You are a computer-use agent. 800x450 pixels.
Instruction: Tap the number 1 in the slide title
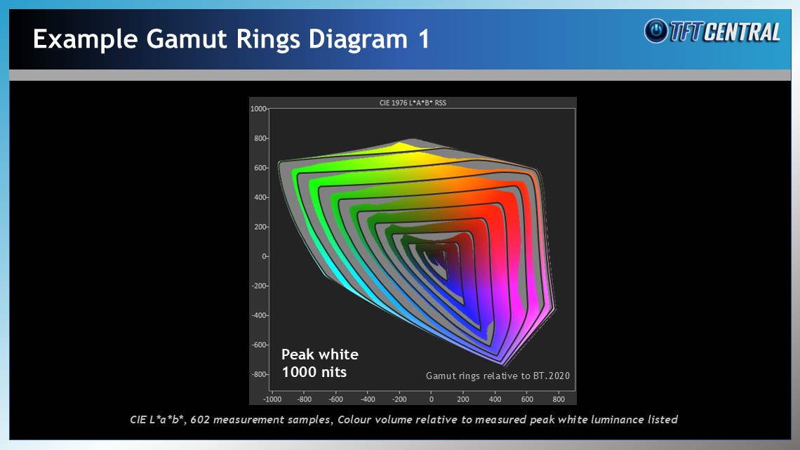pos(424,39)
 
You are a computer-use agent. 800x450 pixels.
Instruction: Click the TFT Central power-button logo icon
pos(656,31)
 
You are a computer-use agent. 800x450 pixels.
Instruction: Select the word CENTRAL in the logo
pos(743,32)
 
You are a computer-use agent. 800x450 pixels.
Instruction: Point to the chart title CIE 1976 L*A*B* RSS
pos(413,102)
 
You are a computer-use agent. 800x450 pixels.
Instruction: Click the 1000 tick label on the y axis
pos(259,109)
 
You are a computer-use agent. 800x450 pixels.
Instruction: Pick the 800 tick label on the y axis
pos(260,138)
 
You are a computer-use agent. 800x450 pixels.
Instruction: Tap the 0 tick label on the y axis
pos(265,256)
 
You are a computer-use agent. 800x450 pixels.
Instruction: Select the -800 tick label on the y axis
pos(260,374)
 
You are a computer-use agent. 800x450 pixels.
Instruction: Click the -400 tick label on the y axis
pos(260,315)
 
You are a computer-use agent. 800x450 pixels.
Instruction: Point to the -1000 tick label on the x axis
pos(272,399)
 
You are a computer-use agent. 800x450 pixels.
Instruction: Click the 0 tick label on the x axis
pos(431,399)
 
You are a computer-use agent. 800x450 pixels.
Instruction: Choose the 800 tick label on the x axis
pos(559,399)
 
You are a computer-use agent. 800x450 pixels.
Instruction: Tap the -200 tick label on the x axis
pos(399,399)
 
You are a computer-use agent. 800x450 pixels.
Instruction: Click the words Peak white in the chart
pos(320,354)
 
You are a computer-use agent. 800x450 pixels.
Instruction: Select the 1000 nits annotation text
pos(314,372)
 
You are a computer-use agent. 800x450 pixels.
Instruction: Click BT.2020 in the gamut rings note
pos(552,376)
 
